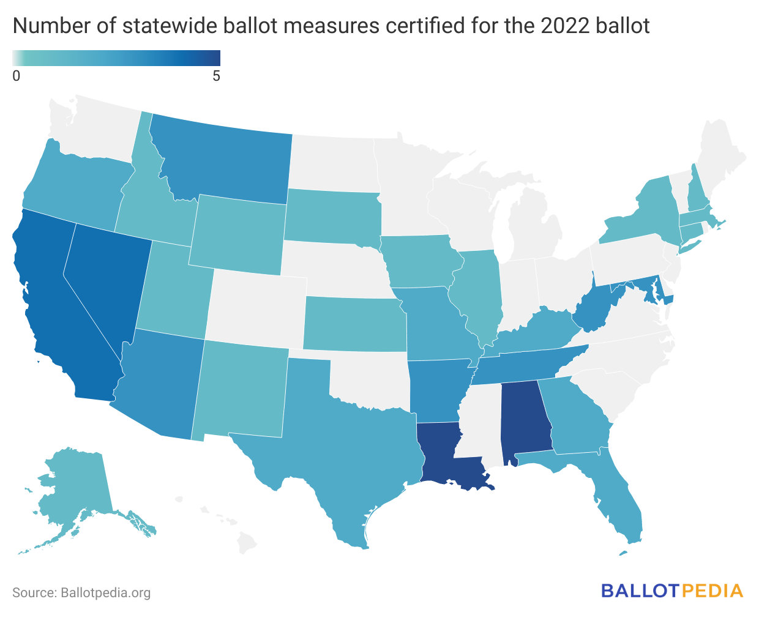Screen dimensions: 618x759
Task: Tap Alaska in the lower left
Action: tap(73, 483)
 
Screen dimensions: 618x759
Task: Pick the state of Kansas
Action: tap(355, 324)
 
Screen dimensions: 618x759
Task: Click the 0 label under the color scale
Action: tap(17, 76)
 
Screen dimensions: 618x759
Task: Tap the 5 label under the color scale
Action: tap(216, 76)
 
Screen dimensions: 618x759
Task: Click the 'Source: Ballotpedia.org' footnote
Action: tap(81, 592)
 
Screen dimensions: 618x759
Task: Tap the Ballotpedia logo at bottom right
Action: tap(672, 591)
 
